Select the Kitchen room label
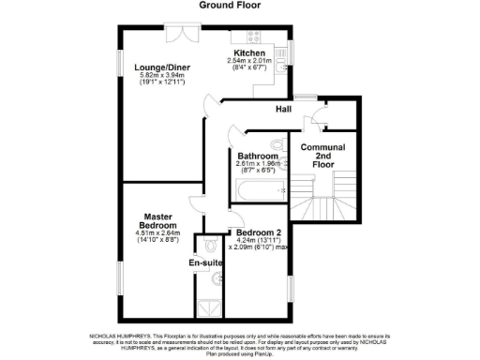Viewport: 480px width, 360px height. point(249,53)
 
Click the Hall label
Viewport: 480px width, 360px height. point(283,110)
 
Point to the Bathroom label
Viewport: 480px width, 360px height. point(257,156)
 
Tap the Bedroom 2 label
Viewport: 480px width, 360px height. point(258,232)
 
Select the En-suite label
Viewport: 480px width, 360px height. point(204,264)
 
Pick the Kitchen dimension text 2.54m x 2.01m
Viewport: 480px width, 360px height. point(249,63)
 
